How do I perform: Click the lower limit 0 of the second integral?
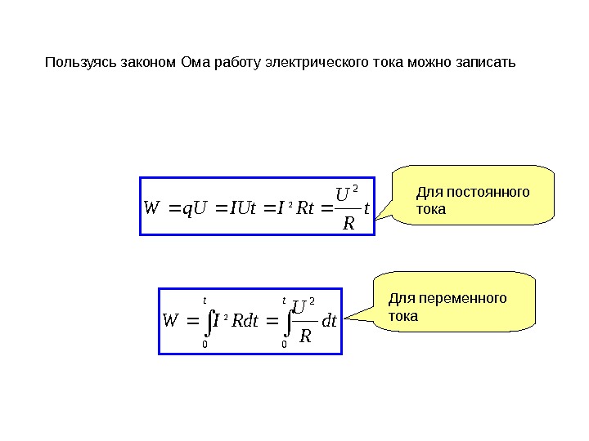pos(284,345)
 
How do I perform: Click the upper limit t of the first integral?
pos(204,300)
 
